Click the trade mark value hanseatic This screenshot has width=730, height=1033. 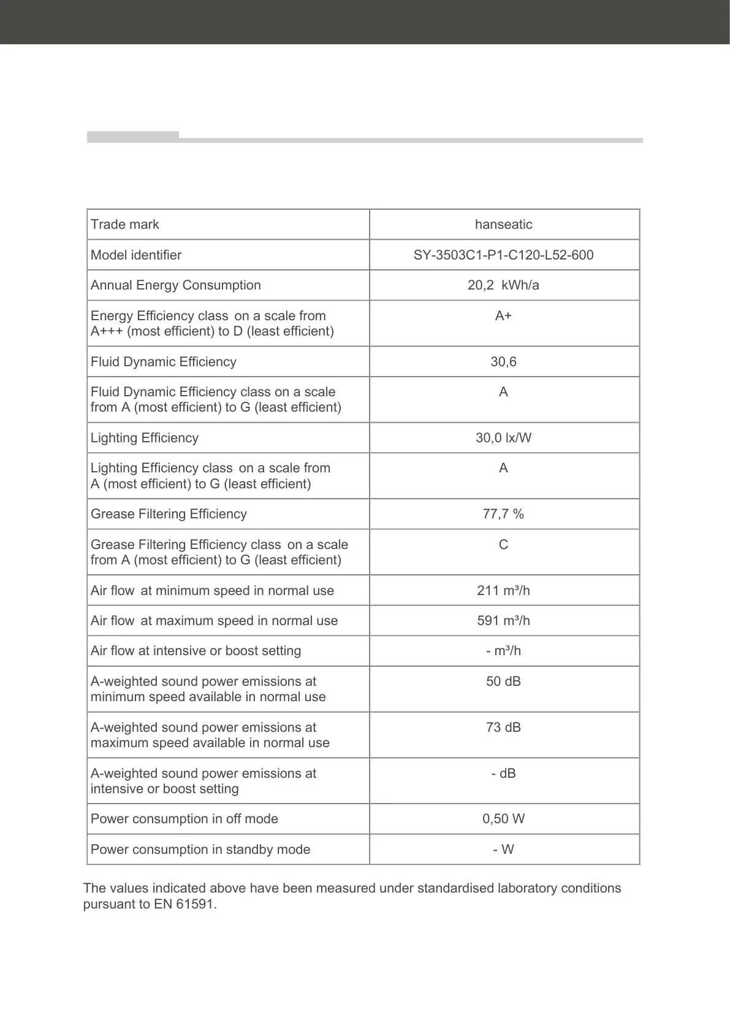pos(503,225)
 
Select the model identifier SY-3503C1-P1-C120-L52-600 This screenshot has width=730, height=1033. pos(503,255)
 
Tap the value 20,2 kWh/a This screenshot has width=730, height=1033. pos(503,285)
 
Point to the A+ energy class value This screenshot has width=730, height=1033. pos(503,316)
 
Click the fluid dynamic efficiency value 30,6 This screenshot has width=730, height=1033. pos(503,362)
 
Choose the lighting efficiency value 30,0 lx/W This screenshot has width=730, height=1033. pos(503,438)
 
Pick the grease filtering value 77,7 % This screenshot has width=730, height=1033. pos(503,514)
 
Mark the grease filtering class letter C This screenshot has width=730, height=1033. pos(503,545)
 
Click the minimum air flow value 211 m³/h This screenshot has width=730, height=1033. pos(503,591)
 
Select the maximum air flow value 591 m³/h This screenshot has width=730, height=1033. pos(503,621)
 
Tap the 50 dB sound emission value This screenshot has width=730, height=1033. pos(503,682)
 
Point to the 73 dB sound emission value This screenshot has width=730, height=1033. pos(503,728)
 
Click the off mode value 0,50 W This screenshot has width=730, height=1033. pos(503,819)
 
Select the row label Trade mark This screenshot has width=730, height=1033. pos(124,225)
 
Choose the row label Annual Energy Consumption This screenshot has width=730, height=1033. pos(175,285)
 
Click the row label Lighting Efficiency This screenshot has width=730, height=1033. pos(144,438)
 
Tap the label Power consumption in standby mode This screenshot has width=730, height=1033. pos(200,850)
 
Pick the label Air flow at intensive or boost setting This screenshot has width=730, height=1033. pos(196,651)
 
